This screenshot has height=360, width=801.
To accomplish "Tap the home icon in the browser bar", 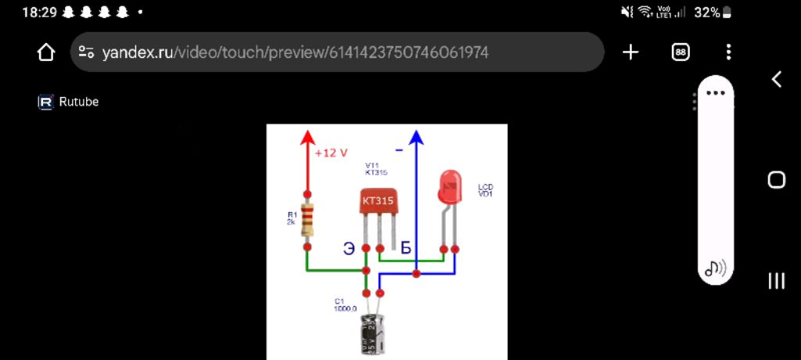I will (46, 52).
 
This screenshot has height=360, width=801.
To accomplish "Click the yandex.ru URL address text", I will (295, 52).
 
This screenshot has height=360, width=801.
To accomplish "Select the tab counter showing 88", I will (681, 52).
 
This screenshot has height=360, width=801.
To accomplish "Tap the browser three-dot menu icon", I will (728, 52).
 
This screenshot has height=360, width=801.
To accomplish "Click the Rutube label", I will (78, 102).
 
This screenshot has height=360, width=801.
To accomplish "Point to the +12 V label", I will (331, 153).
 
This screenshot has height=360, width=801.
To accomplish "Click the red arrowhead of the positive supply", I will (307, 139).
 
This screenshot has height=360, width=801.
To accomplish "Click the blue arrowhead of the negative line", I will (416, 139).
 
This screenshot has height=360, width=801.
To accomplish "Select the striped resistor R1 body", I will (307, 218).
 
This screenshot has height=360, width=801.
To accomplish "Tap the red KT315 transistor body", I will (379, 201).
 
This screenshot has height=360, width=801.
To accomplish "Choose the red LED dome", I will (449, 187).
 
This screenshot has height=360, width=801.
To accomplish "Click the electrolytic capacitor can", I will (372, 335).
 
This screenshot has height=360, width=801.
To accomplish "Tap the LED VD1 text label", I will (485, 190).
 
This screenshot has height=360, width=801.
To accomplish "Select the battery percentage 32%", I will (706, 13).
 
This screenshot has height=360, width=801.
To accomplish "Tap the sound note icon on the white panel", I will (715, 268).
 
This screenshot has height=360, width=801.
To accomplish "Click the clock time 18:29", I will (39, 13).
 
